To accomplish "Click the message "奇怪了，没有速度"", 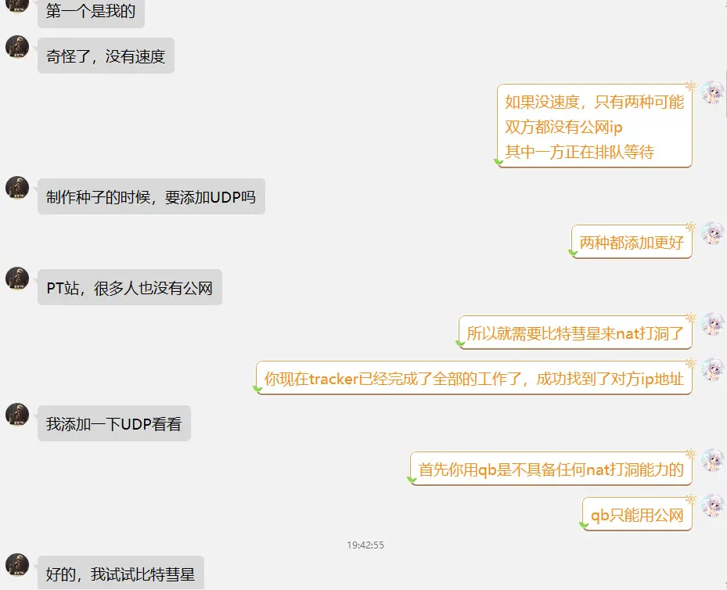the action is coord(106,56).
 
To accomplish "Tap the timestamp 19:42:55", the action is coord(365,545).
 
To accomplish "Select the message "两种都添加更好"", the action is coord(632,242).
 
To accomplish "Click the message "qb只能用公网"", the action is coord(637,514).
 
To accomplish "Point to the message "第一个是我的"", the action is coord(91,11).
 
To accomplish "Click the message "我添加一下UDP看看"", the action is coord(114,423).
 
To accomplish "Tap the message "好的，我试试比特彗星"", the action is coord(121,574).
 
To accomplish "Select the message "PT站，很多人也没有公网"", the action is coord(130,287).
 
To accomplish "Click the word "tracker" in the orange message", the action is coord(334,380).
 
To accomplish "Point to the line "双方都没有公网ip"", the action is coord(563,127).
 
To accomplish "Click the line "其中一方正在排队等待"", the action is coord(580,152).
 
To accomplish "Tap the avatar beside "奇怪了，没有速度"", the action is coord(17,47).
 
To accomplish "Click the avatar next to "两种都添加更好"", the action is coord(713,233).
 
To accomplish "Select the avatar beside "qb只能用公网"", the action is coord(713,505).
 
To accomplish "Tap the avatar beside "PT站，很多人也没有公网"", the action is coord(17,279).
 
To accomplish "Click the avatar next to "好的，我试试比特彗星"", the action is coord(17,565).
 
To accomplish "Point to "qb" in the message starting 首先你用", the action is coord(488,470).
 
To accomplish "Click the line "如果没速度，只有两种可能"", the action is coord(595,102).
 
